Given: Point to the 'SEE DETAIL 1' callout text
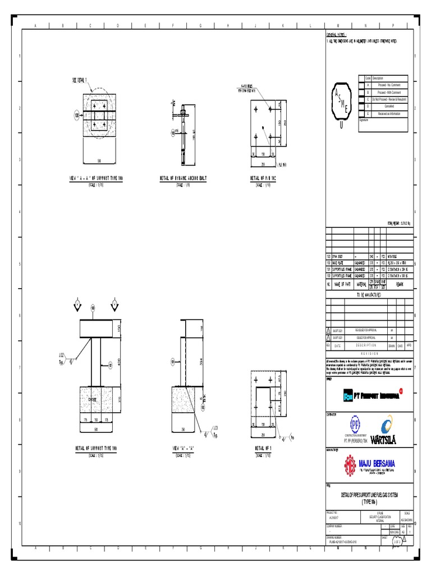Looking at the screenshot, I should click(x=82, y=81).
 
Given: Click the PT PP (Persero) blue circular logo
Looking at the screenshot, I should click(x=355, y=422).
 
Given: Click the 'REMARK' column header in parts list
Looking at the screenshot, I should click(x=401, y=284).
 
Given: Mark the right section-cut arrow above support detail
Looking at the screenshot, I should click(x=114, y=304).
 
